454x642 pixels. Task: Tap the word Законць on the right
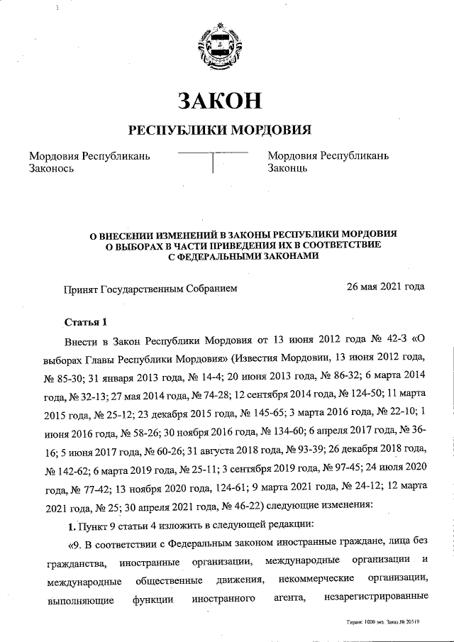[287, 169]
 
